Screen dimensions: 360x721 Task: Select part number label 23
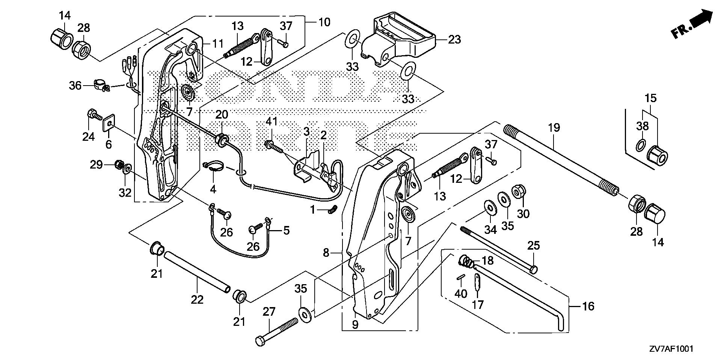tap(455, 39)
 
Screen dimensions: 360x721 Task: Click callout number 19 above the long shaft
tap(554, 128)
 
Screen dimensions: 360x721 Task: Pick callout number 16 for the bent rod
tap(588, 306)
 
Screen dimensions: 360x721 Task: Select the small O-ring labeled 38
tap(642, 145)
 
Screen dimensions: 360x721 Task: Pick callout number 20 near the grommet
tap(222, 114)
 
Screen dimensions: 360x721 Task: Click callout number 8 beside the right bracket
tap(326, 253)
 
